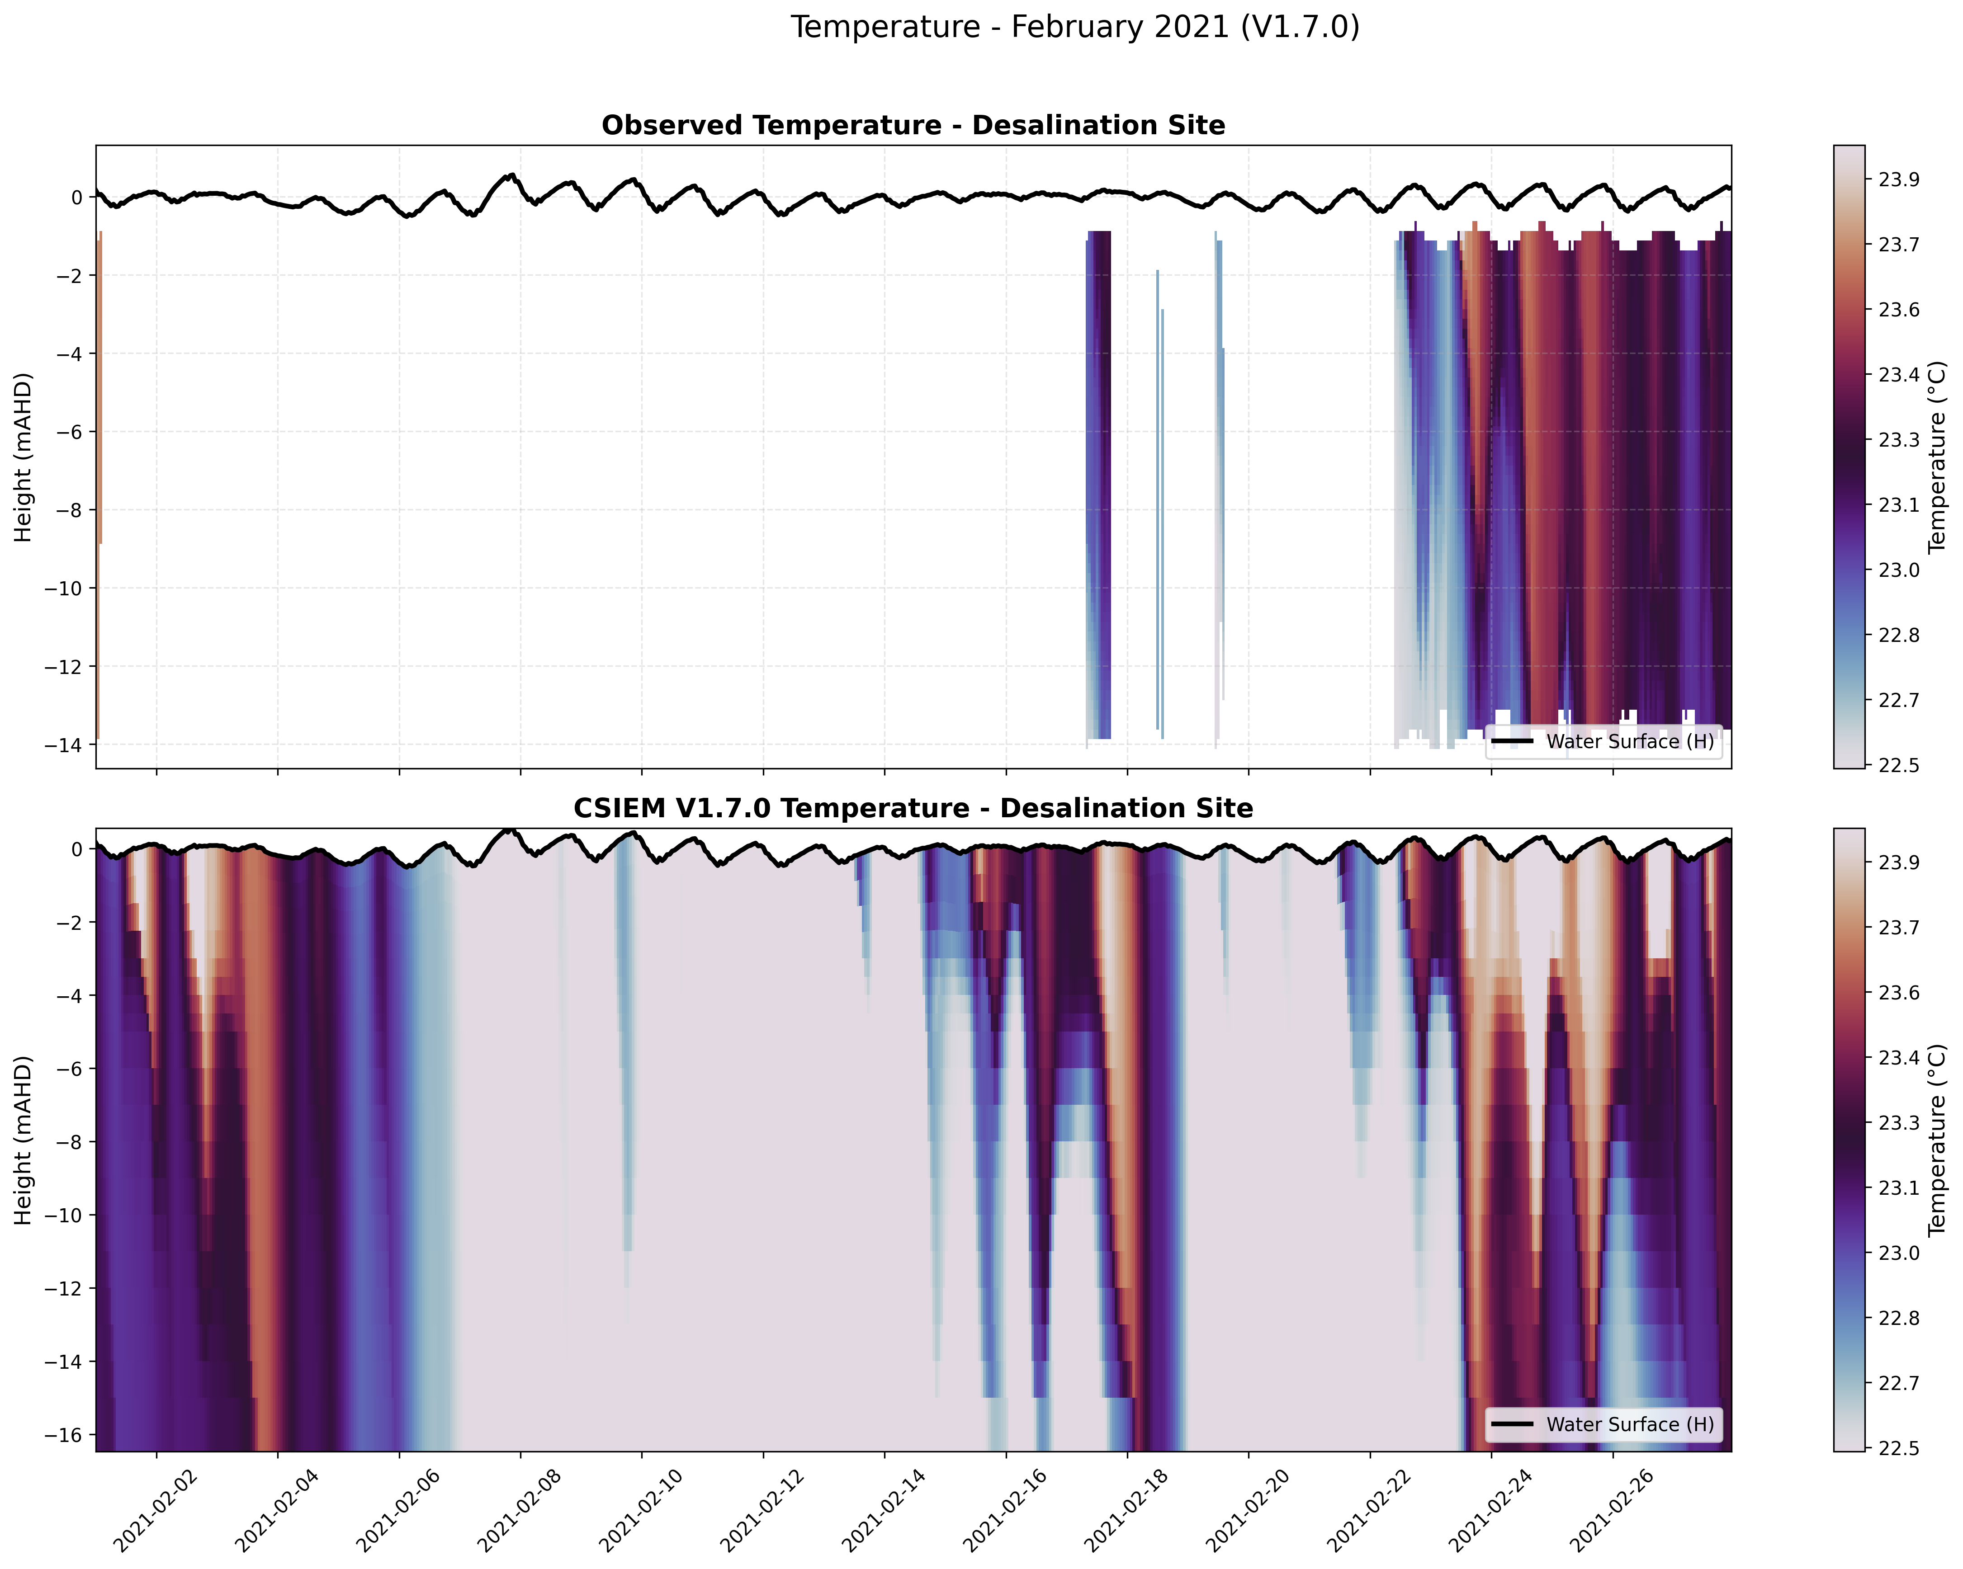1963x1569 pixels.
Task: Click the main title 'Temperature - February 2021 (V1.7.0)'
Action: click(x=1074, y=27)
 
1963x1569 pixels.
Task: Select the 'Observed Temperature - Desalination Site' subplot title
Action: click(x=913, y=126)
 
